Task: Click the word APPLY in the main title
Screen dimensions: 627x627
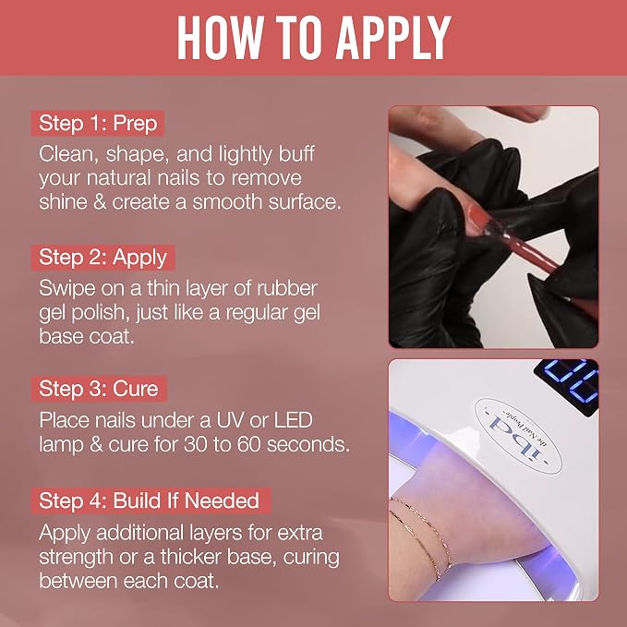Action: pos(393,38)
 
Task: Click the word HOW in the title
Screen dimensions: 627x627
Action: pos(220,38)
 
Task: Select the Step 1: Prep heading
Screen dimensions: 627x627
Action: pos(98,123)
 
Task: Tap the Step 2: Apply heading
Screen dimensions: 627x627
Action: pos(103,258)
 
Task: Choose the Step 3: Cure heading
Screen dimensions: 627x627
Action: pos(99,389)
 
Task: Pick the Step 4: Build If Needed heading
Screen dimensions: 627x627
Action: pos(151,500)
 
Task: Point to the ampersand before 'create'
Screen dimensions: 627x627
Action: pos(100,202)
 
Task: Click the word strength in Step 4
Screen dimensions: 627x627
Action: pos(76,558)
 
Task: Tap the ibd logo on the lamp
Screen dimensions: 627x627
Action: pos(518,436)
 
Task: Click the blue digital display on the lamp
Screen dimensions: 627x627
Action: pos(568,383)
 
